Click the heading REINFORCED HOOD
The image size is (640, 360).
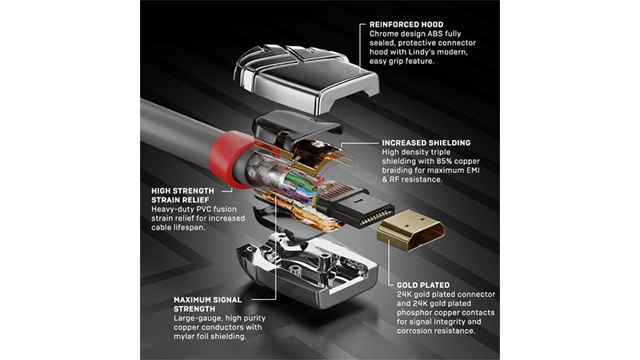click(x=406, y=25)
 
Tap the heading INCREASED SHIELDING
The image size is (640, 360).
click(x=426, y=143)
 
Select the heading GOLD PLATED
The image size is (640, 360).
click(x=423, y=286)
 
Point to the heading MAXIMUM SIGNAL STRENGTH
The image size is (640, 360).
click(x=208, y=304)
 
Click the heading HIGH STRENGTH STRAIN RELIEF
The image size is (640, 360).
click(x=182, y=195)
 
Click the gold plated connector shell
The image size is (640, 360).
click(x=410, y=230)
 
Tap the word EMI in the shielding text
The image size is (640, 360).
click(x=473, y=170)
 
